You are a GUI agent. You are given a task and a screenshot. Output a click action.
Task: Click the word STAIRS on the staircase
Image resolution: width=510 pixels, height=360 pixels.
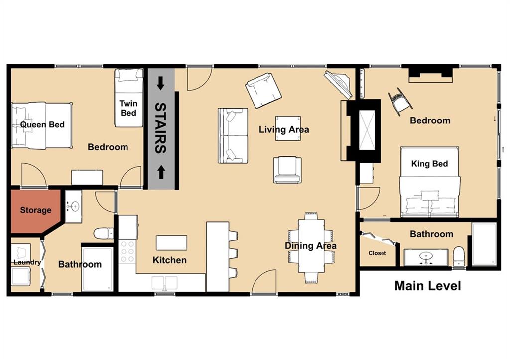pos(160,127)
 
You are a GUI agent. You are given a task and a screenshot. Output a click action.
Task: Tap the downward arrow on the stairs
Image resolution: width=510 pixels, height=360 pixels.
pos(160,83)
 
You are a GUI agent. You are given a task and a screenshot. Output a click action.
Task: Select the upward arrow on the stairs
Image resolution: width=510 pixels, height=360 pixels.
pos(160,173)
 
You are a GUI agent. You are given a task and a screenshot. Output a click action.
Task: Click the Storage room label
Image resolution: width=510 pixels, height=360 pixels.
pos(35,210)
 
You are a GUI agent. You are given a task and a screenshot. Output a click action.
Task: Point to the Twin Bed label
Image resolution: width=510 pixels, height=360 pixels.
pos(128,108)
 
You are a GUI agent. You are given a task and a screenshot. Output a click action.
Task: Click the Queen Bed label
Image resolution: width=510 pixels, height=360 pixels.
pos(42,124)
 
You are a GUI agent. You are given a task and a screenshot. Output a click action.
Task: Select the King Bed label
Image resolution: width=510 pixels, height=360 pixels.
pos(429,163)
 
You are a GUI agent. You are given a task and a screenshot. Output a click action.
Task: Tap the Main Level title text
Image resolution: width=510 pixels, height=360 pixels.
pos(427,286)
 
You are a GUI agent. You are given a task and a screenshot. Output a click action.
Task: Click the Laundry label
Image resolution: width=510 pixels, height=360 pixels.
pos(23,262)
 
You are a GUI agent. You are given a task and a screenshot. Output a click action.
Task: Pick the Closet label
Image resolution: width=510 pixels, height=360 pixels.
pos(377,253)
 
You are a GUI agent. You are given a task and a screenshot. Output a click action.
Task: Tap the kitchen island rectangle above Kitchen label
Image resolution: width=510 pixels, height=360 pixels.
pos(171,242)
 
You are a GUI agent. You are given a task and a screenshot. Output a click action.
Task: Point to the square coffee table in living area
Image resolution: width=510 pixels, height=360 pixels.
pos(288,128)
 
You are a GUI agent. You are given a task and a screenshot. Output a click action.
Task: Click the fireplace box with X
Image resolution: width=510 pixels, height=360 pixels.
pos(366,130)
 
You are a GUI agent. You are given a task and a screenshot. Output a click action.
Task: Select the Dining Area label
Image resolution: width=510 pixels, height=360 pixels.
pos(310,245)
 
